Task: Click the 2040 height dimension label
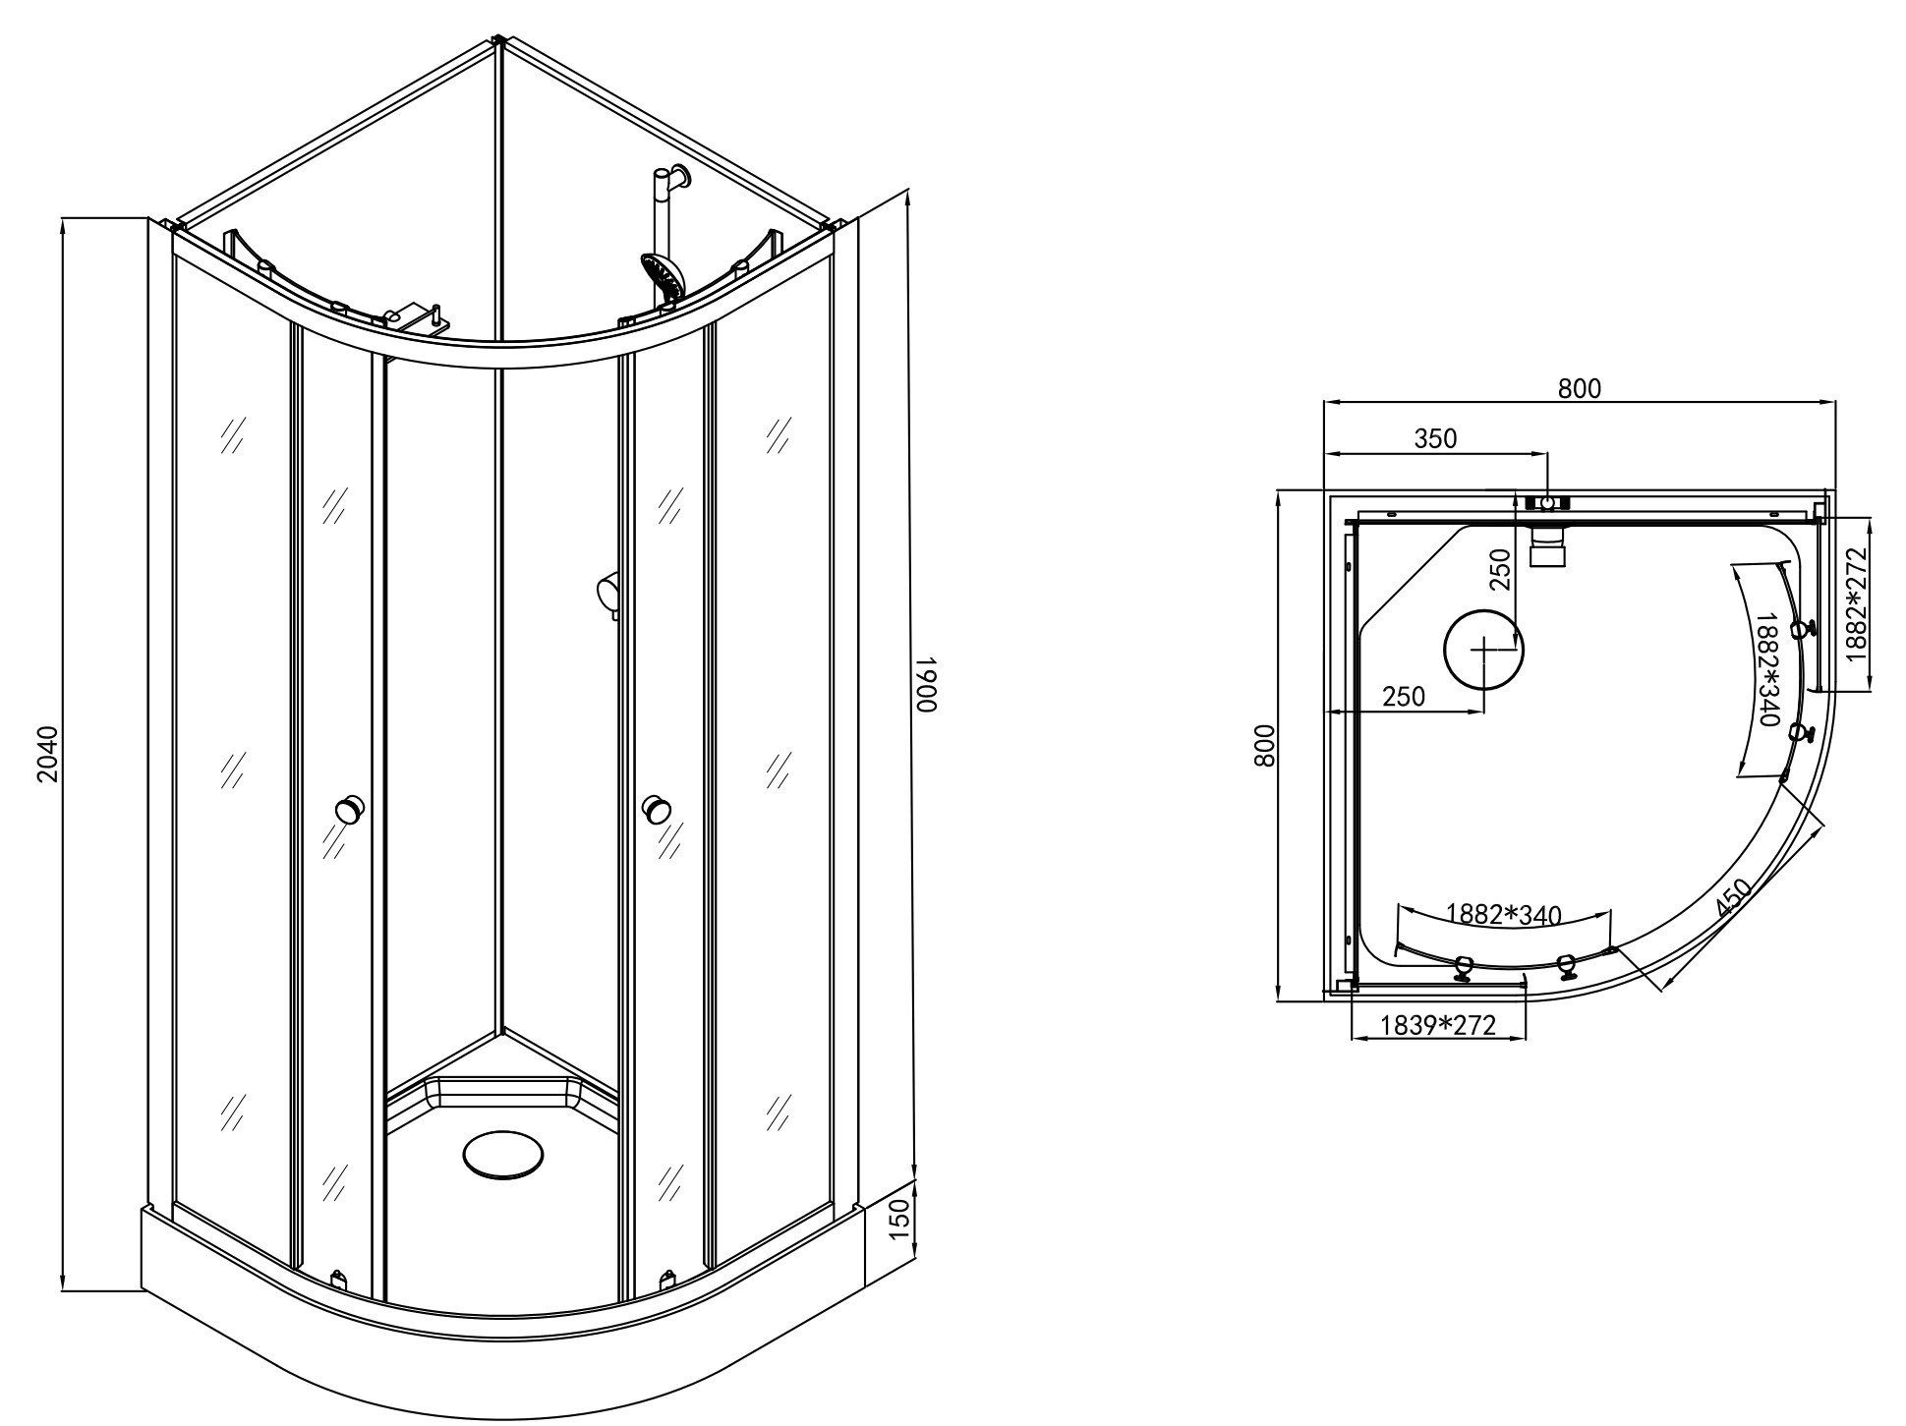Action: tap(48, 755)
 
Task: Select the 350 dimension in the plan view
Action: tap(1435, 438)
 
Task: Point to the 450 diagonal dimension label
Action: tap(1733, 898)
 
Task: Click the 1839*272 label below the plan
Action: tap(1438, 1026)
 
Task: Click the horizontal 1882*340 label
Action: tap(1503, 915)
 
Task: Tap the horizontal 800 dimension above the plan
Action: tap(1580, 389)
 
